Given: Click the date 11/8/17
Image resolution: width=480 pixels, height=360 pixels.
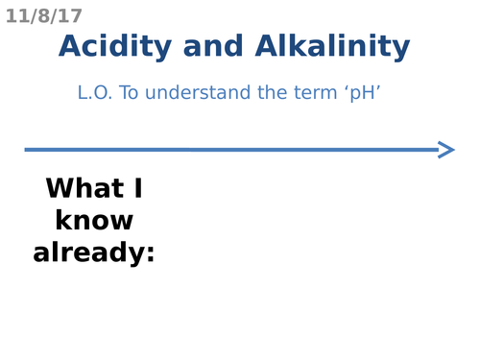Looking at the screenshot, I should click(44, 16).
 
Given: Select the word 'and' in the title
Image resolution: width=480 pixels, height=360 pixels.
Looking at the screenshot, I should click(214, 46).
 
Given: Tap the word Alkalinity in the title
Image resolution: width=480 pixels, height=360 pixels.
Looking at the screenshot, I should click(333, 46).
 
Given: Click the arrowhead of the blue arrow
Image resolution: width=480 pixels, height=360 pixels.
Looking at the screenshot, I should click(445, 149).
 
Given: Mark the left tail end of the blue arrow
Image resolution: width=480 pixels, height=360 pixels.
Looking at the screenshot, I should click(28, 149).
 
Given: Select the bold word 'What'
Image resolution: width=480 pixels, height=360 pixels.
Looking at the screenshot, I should click(83, 188).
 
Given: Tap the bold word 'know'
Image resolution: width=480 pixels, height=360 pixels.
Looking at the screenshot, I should click(94, 221).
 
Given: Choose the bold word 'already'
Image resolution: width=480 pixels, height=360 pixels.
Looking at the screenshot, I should click(89, 253).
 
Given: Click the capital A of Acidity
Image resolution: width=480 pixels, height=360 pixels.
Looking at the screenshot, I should click(71, 46).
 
